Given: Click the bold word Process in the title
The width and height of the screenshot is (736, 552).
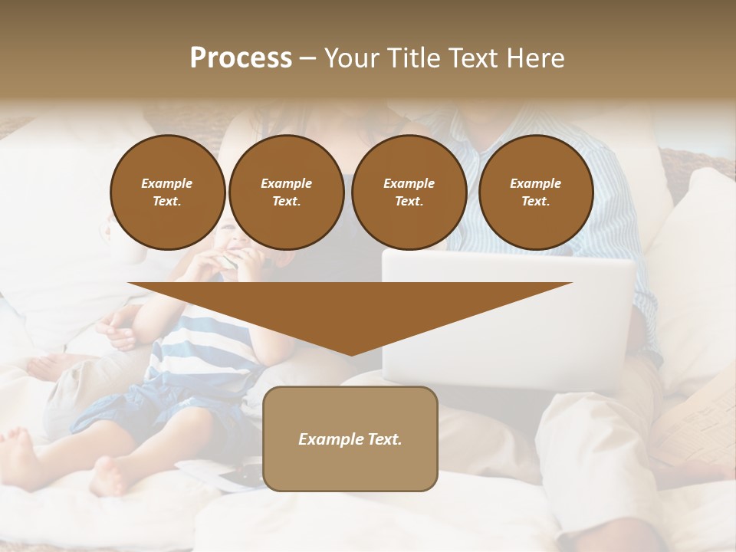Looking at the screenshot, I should [241, 58].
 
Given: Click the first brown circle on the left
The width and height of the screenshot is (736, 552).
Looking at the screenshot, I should [167, 192].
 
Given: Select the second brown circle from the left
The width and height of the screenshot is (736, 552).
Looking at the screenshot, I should [286, 192].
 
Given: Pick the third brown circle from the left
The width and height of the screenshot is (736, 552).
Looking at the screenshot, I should [409, 192].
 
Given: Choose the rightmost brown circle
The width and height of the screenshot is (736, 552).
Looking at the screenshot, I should [535, 192].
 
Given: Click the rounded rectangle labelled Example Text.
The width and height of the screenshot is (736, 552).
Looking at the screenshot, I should [350, 439].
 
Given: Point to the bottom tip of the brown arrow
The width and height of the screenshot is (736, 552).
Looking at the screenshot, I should [350, 354].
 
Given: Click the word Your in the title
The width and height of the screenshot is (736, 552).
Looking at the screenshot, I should [352, 58].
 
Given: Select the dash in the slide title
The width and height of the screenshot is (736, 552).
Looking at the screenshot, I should [307, 58].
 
